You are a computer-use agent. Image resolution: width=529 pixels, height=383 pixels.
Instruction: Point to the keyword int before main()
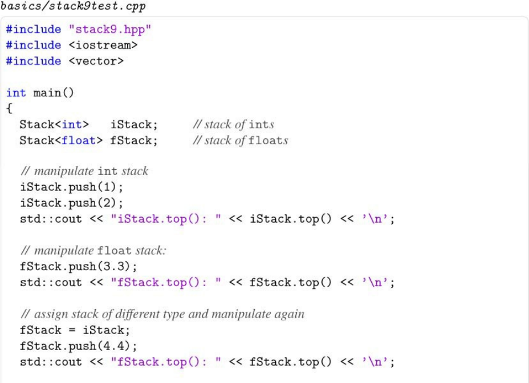pyautogui.click(x=16, y=93)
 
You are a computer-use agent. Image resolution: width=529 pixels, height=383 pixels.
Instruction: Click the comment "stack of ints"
pyautogui.click(x=234, y=124)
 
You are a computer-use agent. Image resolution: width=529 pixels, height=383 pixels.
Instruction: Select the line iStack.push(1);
pyautogui.click(x=71, y=187)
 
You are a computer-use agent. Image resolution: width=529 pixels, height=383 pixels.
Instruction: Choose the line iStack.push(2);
pyautogui.click(x=71, y=203)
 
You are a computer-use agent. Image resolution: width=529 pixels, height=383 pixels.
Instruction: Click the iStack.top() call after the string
pyautogui.click(x=290, y=219)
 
